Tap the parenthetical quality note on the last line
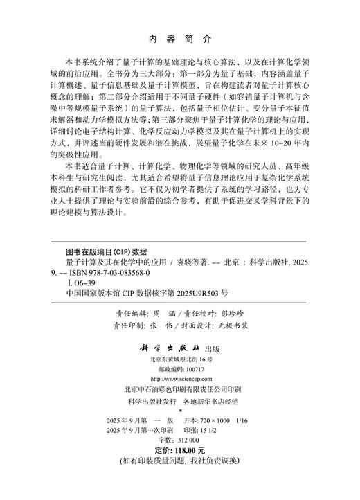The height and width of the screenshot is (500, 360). point(180,479)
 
